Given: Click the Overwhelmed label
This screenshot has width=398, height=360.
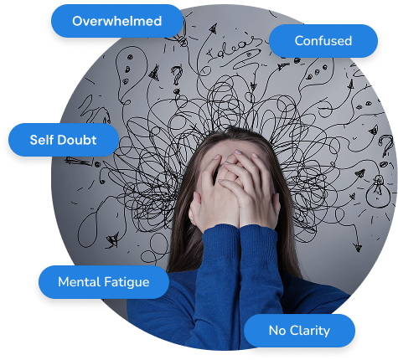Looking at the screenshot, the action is pyautogui.click(x=117, y=21).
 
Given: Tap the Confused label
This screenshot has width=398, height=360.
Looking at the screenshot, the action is pyautogui.click(x=323, y=41).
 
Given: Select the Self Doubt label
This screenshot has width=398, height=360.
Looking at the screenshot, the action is pyautogui.click(x=64, y=140).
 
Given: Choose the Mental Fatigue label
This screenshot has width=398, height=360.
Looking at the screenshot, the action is pyautogui.click(x=104, y=282).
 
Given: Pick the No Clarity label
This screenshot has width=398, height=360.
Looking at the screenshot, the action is pyautogui.click(x=299, y=331).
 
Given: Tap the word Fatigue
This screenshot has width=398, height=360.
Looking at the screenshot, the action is pyautogui.click(x=127, y=282).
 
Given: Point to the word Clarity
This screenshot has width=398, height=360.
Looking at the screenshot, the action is pyautogui.click(x=310, y=332).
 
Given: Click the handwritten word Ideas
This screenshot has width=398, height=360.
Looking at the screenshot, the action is pyautogui.click(x=233, y=48).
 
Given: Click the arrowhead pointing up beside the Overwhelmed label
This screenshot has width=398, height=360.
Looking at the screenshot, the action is pyautogui.click(x=213, y=28).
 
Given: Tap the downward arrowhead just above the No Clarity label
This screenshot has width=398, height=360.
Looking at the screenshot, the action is pyautogui.click(x=358, y=248).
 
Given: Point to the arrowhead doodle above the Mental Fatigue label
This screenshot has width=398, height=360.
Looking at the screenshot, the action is pyautogui.click(x=113, y=239).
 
